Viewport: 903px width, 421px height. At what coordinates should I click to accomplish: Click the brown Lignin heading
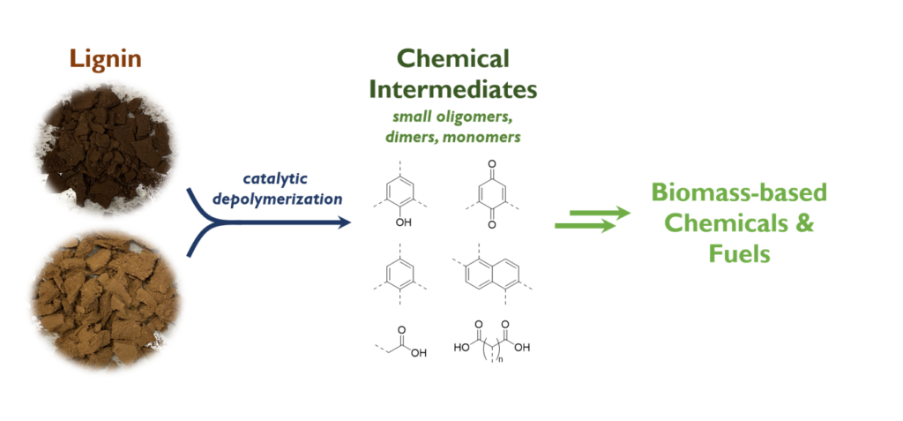click(x=105, y=60)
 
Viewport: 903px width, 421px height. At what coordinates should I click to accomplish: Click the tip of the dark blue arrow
click(x=347, y=222)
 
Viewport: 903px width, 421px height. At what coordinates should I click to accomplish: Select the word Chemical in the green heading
click(x=452, y=59)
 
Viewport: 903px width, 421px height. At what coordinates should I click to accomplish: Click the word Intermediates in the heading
click(x=452, y=89)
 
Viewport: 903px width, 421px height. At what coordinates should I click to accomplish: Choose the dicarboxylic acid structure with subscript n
click(x=491, y=346)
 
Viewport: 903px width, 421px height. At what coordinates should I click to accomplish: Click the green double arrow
click(x=592, y=220)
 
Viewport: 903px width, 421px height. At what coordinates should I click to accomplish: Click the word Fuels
click(x=739, y=254)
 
